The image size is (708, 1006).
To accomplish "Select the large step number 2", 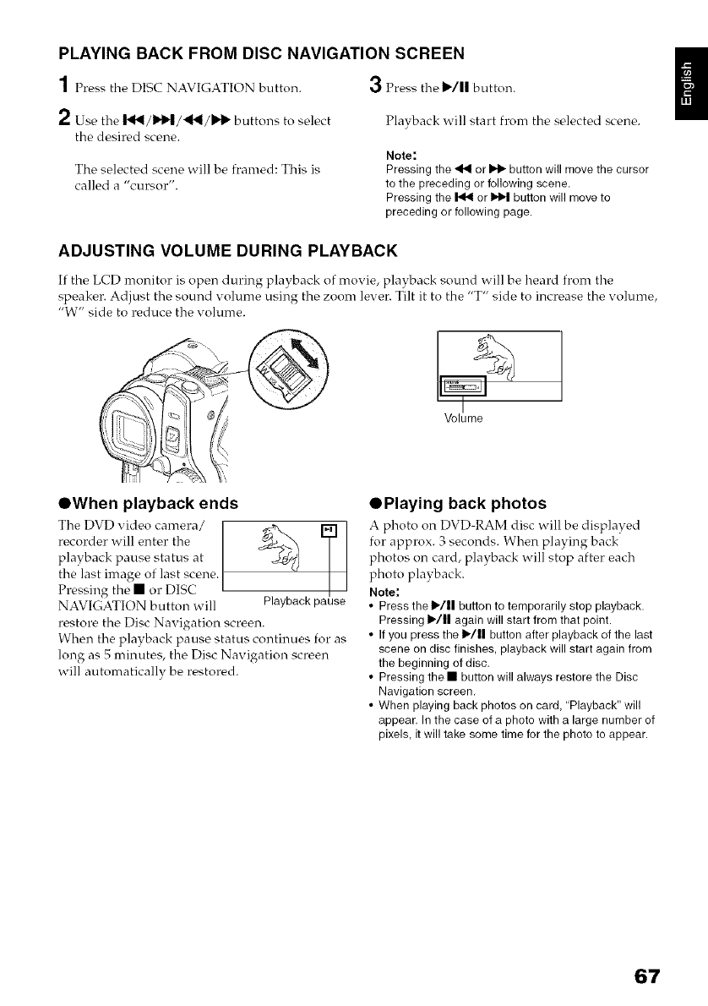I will pos(64,115).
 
